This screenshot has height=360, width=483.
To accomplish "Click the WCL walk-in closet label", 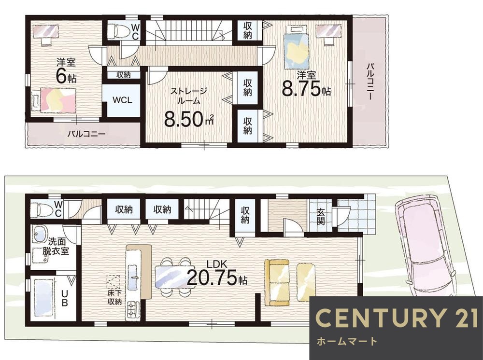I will [x=123, y=100].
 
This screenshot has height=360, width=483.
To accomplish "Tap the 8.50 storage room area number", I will [x=185, y=119].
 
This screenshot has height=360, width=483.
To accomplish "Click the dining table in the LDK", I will [x=173, y=277].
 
